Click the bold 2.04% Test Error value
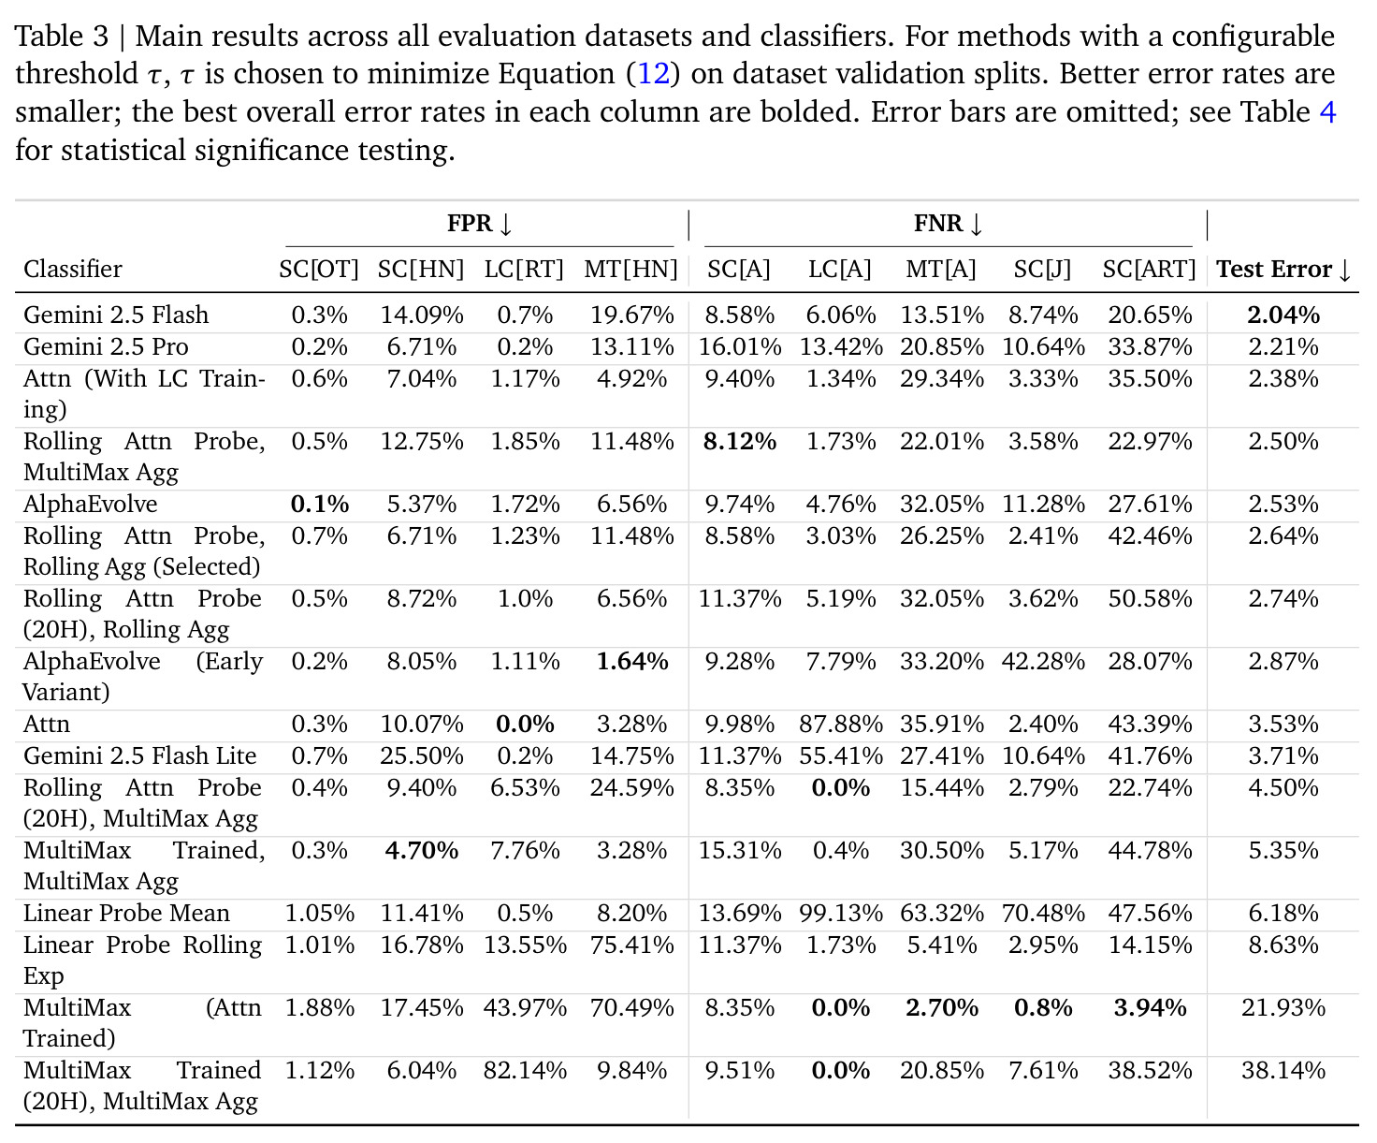[1283, 315]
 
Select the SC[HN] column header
[421, 270]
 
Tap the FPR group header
[480, 224]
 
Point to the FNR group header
[948, 224]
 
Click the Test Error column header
[1283, 270]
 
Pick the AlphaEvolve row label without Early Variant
[91, 505]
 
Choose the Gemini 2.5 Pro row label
[106, 346]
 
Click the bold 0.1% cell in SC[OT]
[319, 505]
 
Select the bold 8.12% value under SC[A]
[739, 441]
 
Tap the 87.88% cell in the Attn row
[840, 724]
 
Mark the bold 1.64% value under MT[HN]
[631, 661]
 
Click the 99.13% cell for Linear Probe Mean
[840, 914]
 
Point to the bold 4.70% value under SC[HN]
[421, 850]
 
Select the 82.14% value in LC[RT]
[525, 1070]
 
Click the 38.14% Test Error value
[1283, 1070]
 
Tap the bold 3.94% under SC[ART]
[1150, 1007]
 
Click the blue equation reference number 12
[654, 73]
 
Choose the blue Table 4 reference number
[1326, 111]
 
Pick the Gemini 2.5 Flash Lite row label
[139, 755]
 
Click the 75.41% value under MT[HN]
[631, 945]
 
